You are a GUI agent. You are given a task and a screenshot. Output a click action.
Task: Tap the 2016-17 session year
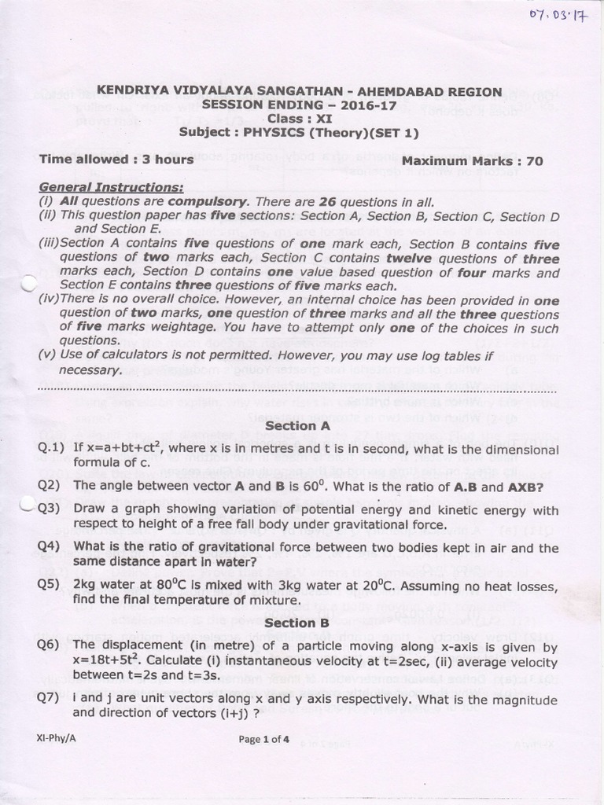356,105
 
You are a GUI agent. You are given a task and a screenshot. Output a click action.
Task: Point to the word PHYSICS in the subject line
274,132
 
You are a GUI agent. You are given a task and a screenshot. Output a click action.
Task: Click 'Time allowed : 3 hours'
116,160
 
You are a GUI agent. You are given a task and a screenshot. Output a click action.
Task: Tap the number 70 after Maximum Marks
534,161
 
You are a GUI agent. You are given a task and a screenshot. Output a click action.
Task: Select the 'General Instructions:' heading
112,187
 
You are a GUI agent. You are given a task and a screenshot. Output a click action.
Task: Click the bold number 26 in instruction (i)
327,201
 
